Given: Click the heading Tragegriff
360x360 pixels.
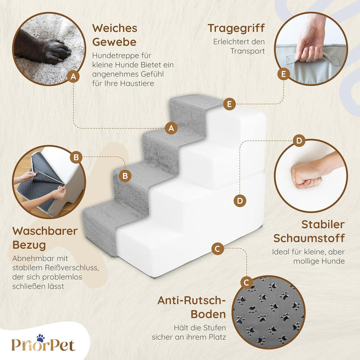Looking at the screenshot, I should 236,27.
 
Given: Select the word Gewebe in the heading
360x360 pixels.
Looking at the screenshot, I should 114,41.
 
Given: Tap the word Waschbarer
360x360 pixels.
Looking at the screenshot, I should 45,231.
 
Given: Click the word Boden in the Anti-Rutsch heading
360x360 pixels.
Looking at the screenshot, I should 208,314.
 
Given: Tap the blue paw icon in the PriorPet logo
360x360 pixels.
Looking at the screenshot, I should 40,338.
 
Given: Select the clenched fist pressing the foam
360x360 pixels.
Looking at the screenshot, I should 306,174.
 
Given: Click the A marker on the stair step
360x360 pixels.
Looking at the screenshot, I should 171,128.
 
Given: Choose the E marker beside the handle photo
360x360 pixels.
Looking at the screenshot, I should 283,74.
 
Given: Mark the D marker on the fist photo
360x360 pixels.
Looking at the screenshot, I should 298,140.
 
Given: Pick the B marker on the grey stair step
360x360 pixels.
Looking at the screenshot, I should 126,175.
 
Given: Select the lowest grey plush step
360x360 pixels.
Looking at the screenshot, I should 100,220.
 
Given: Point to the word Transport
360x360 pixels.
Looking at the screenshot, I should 247,51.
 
